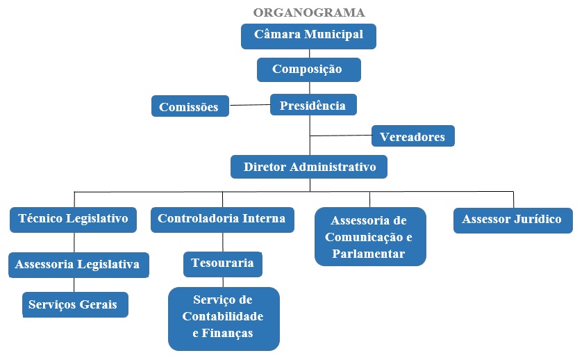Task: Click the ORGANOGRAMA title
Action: (x=308, y=13)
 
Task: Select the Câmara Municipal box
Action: (x=308, y=35)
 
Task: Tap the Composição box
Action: (x=308, y=69)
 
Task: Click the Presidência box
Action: (x=312, y=106)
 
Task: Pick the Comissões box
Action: (x=190, y=107)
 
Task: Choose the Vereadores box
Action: (x=412, y=137)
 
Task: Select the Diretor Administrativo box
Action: (x=309, y=167)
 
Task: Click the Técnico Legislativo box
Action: (x=73, y=219)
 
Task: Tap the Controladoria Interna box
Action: (x=222, y=219)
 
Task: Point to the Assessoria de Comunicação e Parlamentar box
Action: (x=369, y=237)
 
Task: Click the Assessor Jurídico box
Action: (x=512, y=220)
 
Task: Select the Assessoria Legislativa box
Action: (x=78, y=264)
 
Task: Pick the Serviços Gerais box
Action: (x=75, y=304)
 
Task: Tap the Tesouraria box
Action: (x=223, y=263)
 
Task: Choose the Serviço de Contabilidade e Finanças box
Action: (x=223, y=318)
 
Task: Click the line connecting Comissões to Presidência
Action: (x=249, y=105)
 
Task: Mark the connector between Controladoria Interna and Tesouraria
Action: (x=223, y=241)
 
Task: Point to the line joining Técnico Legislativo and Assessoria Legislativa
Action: (x=74, y=242)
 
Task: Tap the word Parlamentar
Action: (x=369, y=254)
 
